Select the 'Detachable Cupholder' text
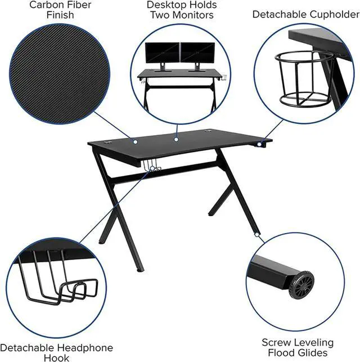(305, 14)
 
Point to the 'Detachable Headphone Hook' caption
(56, 352)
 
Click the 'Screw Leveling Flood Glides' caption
(297, 347)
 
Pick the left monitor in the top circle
(162, 54)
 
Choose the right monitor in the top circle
(197, 54)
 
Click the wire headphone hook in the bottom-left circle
(56, 278)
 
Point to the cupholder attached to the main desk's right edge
(260, 146)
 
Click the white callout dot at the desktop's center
(175, 138)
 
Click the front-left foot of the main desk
(140, 269)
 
